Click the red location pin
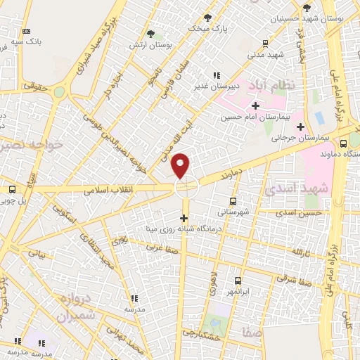click(x=181, y=165)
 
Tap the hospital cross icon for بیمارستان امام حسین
click(x=255, y=106)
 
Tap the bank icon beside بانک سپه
click(x=27, y=32)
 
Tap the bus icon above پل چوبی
click(x=11, y=189)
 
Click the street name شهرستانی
click(x=231, y=210)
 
